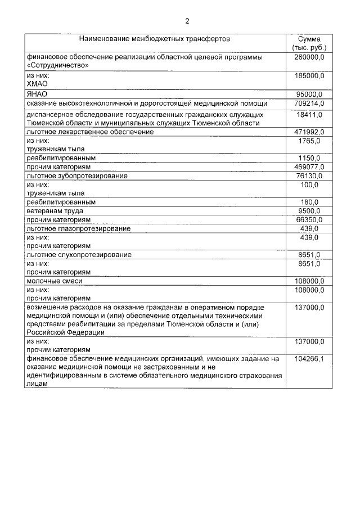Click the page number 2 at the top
pyautogui.click(x=187, y=21)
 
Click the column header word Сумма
pyautogui.click(x=309, y=39)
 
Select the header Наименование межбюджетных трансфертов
pyautogui.click(x=155, y=39)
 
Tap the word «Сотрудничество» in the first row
pyautogui.click(x=56, y=65)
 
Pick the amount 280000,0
pyautogui.click(x=309, y=57)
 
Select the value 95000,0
pyautogui.click(x=309, y=94)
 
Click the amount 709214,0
pyautogui.click(x=309, y=103)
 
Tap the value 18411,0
pyautogui.click(x=309, y=114)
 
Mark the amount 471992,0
pyautogui.click(x=309, y=132)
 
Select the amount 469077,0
pyautogui.click(x=309, y=167)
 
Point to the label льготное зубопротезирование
pyautogui.click(x=76, y=176)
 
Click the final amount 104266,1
pyautogui.click(x=309, y=359)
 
